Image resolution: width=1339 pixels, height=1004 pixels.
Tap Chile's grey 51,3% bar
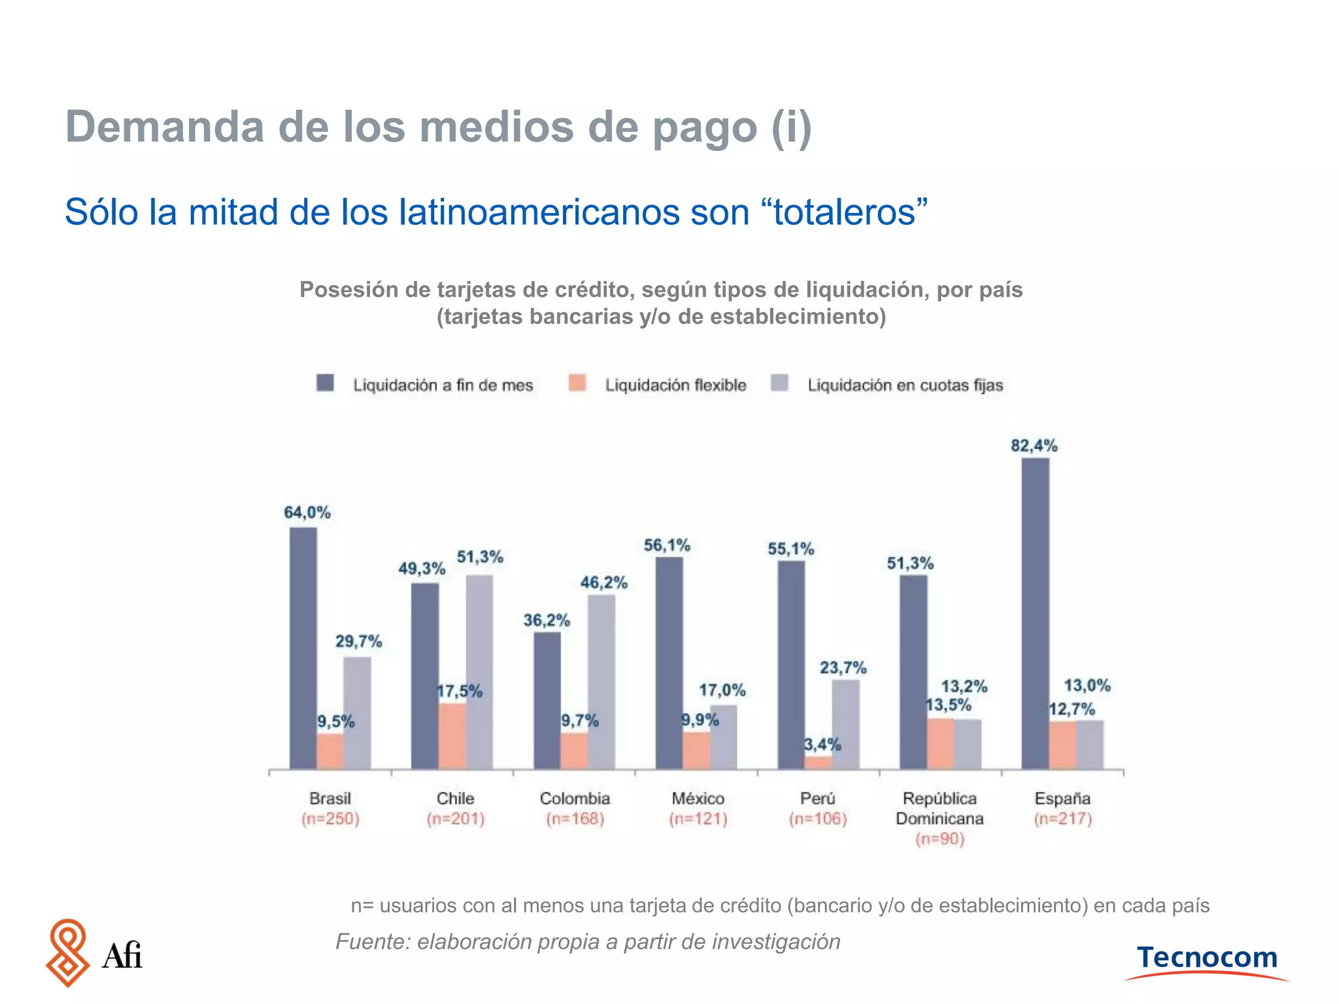point(479,671)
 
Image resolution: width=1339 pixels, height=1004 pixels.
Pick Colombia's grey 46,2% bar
point(601,681)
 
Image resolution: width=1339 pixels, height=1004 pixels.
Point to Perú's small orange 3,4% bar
point(818,762)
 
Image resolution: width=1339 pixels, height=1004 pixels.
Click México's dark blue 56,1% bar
point(669,662)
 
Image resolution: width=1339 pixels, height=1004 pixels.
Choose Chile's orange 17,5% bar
point(452,735)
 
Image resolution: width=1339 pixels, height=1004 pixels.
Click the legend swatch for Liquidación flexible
point(577,383)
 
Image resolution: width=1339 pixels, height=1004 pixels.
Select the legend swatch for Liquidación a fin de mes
point(325,383)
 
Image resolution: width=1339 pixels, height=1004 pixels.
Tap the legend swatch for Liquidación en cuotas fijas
point(779,383)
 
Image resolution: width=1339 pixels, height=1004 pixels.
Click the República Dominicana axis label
point(940,809)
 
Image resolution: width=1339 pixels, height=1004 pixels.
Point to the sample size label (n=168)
point(575,819)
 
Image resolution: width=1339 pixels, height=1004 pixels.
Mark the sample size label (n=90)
point(940,839)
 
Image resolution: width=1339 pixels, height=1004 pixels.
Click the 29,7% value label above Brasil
point(358,641)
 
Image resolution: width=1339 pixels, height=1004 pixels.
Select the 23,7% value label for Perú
point(843,667)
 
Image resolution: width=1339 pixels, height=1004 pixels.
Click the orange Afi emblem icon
point(67,952)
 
